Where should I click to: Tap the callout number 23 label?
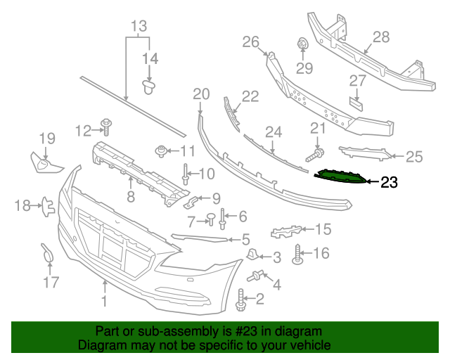[x=389, y=184]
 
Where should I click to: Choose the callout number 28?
[x=380, y=37]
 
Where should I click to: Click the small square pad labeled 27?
[x=356, y=102]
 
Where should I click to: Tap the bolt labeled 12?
[x=107, y=126]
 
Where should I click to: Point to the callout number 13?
[x=138, y=27]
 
